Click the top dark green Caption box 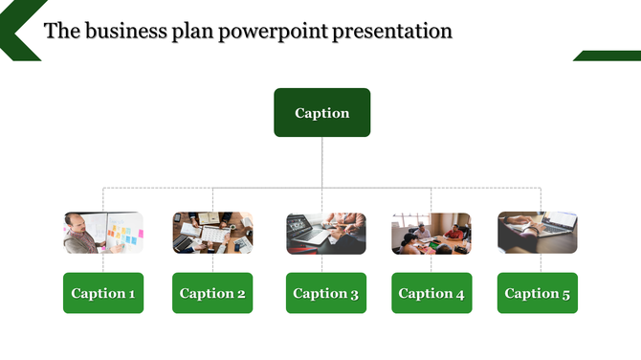321,113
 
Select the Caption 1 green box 103,293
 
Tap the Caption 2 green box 212,293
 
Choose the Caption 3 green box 326,293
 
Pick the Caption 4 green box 431,293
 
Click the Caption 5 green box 537,293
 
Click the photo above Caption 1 103,233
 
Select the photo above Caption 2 212,233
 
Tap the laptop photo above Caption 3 326,233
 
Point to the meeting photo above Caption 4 431,233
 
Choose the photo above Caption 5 537,233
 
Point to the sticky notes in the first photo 121,233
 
